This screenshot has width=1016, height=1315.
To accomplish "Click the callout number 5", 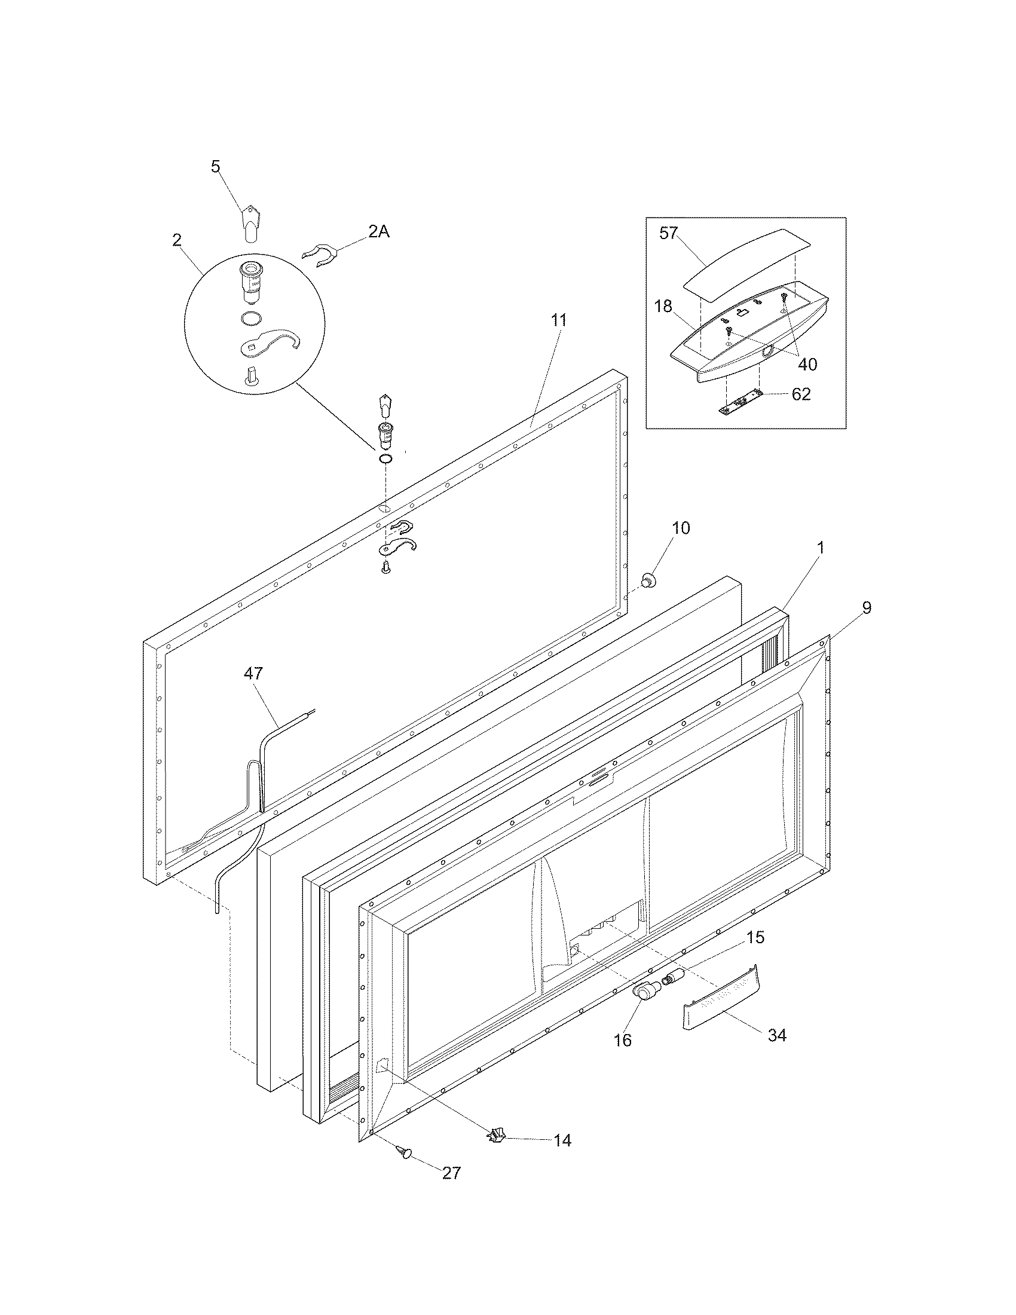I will pos(216,166).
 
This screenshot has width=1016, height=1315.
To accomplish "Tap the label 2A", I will pos(378,232).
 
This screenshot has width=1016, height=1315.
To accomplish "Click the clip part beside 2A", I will pos(319,255).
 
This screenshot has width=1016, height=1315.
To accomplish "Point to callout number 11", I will pos(559,320).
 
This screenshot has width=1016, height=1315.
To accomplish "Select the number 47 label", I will pos(253,673).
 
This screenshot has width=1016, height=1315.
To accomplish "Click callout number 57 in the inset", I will pos(669,234).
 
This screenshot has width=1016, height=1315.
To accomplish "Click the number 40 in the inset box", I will pos(807,364).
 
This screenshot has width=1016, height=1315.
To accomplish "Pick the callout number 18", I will pos(663,307).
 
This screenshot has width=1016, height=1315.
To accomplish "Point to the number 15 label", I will pos(756,937).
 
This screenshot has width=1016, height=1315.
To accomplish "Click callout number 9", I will pos(865,607).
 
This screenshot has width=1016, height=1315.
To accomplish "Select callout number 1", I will pos(820,548).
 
